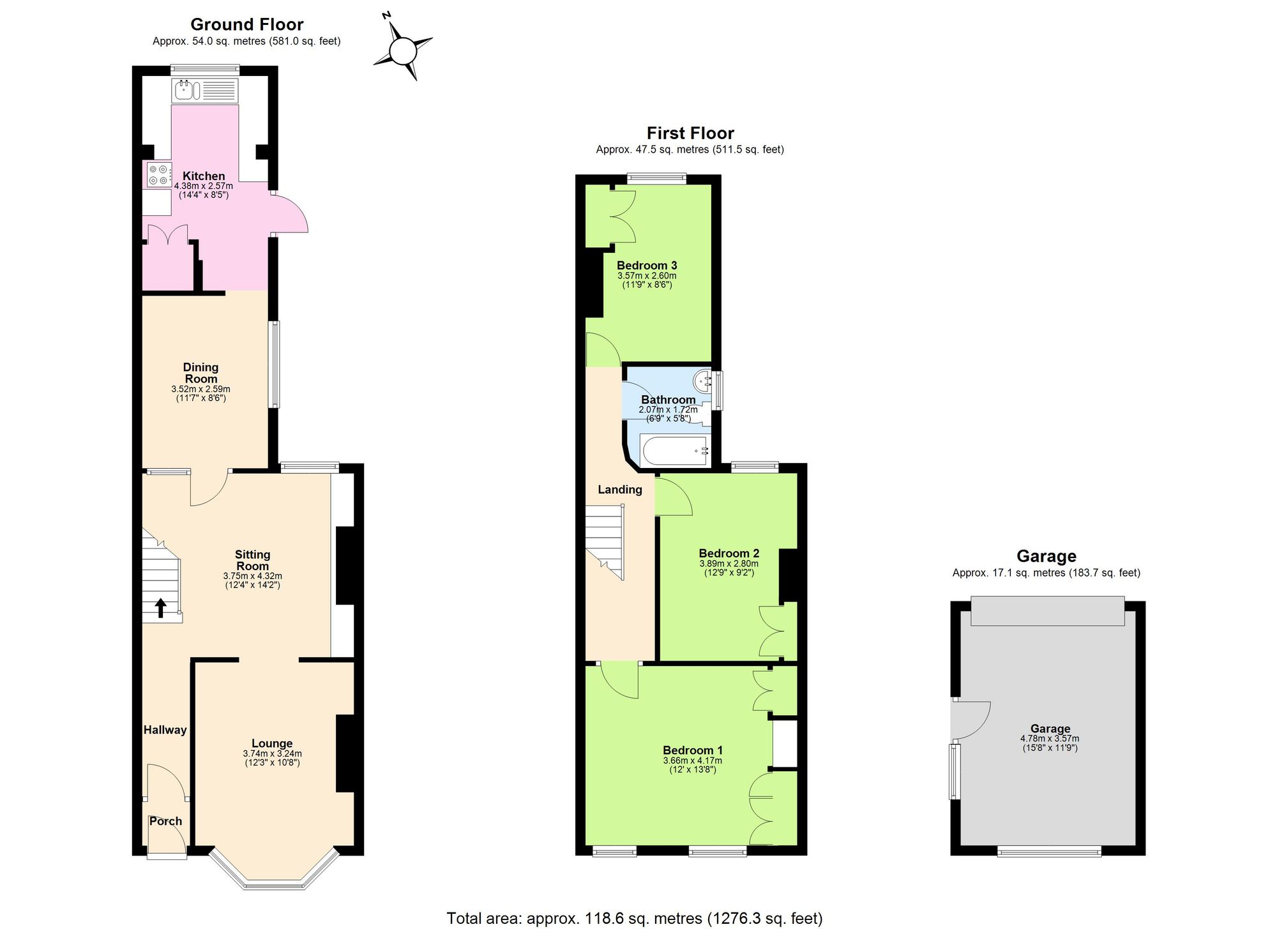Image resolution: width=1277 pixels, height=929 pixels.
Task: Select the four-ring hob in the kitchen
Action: point(158,175)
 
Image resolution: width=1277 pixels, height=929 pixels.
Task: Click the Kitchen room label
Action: point(204,176)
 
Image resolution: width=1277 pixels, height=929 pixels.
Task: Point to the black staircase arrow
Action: point(160,608)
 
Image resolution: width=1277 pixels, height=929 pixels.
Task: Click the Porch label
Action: point(165,821)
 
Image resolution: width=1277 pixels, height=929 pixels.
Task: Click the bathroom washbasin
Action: point(703,381)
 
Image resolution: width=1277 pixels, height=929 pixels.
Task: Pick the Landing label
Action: point(619,490)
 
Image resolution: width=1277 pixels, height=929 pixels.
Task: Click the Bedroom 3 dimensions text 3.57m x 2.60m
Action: point(646,276)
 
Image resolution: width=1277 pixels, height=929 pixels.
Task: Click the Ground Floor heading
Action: point(246,24)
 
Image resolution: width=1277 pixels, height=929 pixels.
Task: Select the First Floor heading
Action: point(690,133)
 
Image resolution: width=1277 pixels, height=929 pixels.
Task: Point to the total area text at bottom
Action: point(634,918)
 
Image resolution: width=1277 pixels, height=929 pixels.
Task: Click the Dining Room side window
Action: point(274,364)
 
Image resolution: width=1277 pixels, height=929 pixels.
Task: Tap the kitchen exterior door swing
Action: point(291,214)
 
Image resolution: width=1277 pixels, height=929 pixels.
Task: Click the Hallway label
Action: point(165,730)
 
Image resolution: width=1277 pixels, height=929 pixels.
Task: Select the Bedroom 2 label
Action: point(729,554)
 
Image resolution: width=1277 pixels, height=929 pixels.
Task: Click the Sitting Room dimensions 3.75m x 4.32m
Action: point(252,576)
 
